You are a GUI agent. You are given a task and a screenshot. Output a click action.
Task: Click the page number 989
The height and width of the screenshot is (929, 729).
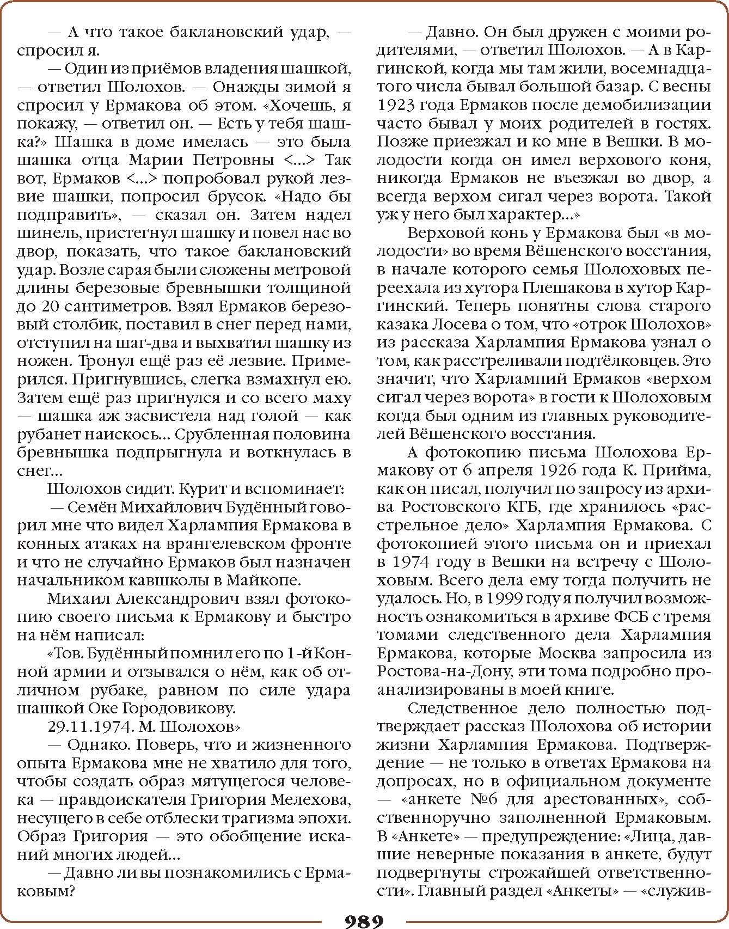click(x=364, y=920)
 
